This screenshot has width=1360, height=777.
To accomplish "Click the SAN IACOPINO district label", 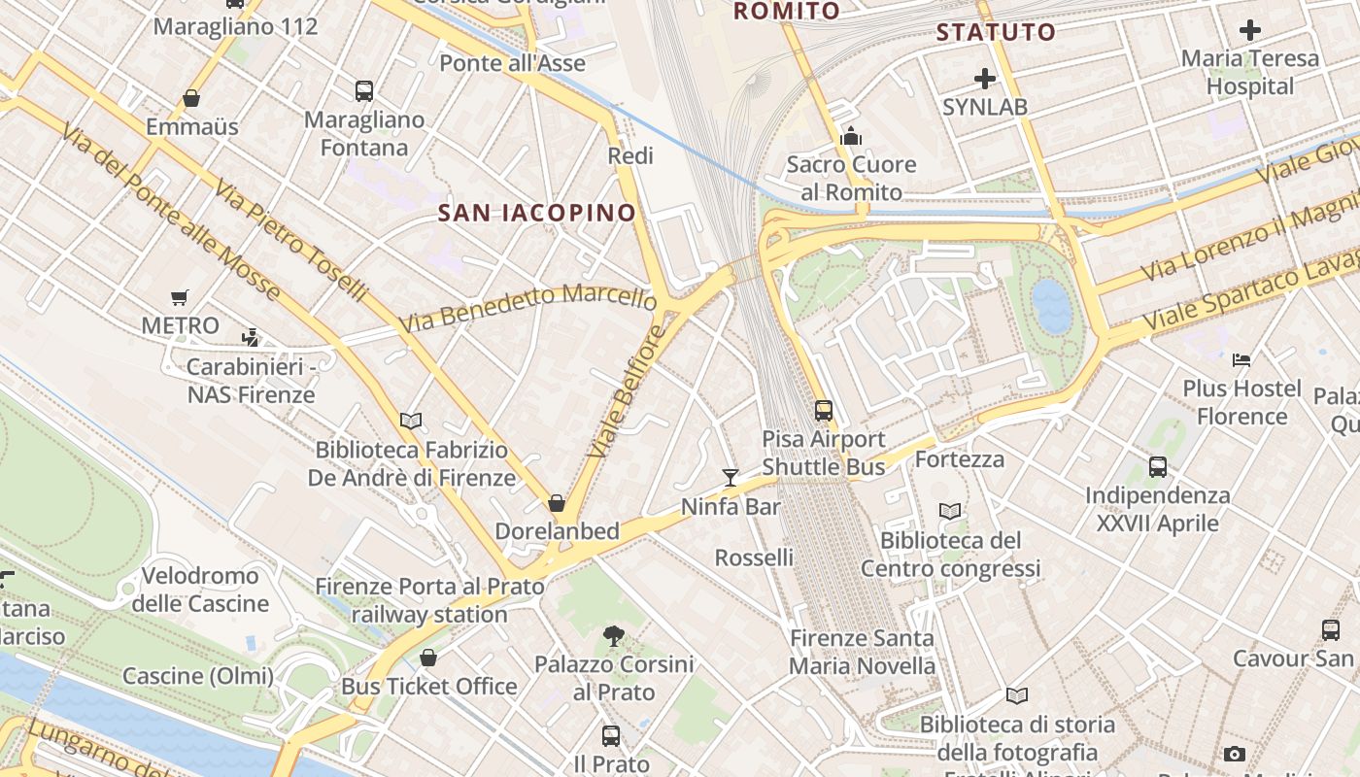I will [x=537, y=213].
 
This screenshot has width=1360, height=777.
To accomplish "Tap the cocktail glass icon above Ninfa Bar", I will [x=731, y=476].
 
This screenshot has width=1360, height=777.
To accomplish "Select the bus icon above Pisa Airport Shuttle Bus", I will [x=824, y=410].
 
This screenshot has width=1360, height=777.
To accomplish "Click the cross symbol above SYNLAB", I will [x=985, y=78].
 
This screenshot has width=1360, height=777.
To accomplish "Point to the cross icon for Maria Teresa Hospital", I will [x=1250, y=30].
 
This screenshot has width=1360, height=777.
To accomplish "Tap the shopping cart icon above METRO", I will [x=180, y=297].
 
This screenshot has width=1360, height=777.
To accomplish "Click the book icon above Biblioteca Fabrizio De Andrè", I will [x=411, y=421].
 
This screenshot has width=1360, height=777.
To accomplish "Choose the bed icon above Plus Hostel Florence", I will [x=1241, y=359].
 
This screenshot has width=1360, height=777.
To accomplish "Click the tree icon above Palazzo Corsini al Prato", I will [x=613, y=636].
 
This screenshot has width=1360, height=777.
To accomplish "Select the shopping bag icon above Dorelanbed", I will [x=557, y=502].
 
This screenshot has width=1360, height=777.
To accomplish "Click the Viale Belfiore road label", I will [x=627, y=392].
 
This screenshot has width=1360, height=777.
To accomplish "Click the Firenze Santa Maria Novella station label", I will [x=862, y=652].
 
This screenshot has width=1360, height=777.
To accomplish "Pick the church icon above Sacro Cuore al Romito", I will [x=851, y=136].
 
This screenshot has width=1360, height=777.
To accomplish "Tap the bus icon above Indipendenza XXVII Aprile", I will [x=1157, y=466].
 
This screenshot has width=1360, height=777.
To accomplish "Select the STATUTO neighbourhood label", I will [x=996, y=32].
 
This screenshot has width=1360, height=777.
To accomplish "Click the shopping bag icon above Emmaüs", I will [x=191, y=98].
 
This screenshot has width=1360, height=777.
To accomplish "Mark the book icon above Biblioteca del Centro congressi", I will [x=950, y=511].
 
